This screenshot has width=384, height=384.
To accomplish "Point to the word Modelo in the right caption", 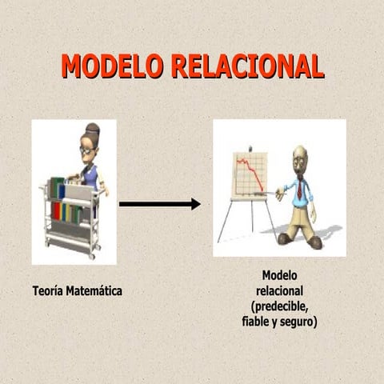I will coord(279,276).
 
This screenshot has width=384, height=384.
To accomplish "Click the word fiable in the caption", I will coord(255,322).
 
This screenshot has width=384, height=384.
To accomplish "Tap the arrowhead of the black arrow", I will coord(194,204).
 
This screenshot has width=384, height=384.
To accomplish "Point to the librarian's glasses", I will coord(86,149).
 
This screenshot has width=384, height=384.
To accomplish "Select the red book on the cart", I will coord(56,211).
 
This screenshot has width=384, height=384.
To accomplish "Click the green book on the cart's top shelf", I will coord(55,188).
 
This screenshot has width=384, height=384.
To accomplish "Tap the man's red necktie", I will coord(299,190).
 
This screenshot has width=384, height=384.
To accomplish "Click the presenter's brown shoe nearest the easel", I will coord(285,238).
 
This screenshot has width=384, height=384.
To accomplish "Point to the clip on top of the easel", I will coord(250,149).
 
